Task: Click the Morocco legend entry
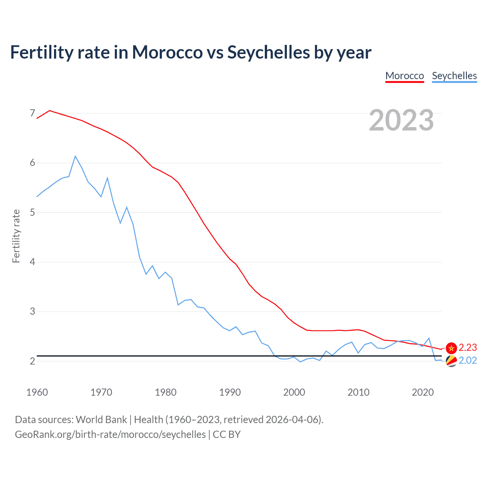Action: (x=404, y=76)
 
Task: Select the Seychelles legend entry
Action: (x=454, y=76)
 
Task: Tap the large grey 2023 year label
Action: (x=401, y=120)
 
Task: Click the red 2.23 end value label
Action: (x=468, y=347)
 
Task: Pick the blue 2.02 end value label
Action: (x=468, y=360)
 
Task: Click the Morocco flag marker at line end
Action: (x=451, y=348)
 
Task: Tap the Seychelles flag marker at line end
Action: (x=451, y=361)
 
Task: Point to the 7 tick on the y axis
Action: (x=32, y=113)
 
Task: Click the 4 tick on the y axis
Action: (x=32, y=262)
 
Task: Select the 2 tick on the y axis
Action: (x=32, y=361)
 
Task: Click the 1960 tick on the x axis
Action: (x=37, y=392)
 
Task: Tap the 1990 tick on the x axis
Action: (x=230, y=392)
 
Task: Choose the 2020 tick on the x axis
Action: (x=423, y=392)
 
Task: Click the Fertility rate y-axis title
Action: (x=16, y=236)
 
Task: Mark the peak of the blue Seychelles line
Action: (x=75, y=156)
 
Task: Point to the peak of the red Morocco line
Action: (x=49, y=110)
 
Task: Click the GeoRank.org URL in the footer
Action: (x=110, y=434)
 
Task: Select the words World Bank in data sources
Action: (x=101, y=420)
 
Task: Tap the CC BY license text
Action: (x=226, y=434)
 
